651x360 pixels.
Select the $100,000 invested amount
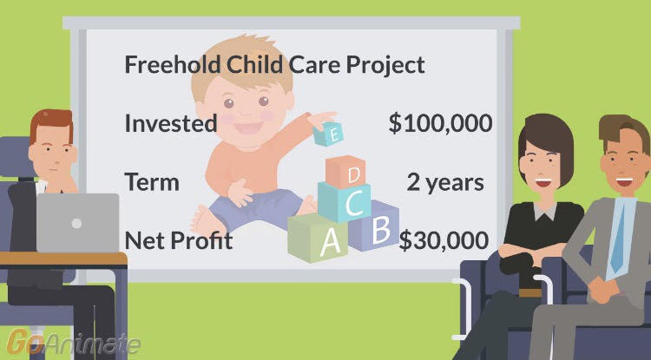[440, 123]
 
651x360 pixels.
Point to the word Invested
[171, 123]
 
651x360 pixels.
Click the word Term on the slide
[152, 181]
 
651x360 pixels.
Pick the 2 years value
[445, 182]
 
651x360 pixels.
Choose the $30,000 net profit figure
[444, 240]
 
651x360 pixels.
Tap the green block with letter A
[318, 238]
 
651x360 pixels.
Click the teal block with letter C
[345, 202]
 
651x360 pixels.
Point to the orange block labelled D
[345, 171]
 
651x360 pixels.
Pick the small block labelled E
[328, 134]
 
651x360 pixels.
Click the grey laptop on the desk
[77, 223]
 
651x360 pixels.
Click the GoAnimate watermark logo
[73, 343]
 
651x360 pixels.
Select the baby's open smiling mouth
[248, 128]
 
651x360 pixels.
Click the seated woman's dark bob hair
[546, 143]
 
